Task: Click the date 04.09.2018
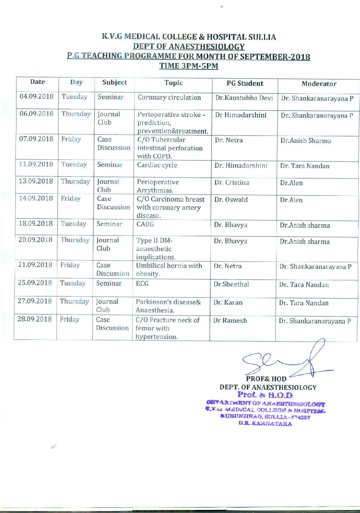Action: [x=37, y=96]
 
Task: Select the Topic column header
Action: [x=173, y=83]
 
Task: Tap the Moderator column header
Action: [x=319, y=84]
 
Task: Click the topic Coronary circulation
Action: [x=169, y=98]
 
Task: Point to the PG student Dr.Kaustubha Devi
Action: [x=244, y=98]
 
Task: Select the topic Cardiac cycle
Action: [x=157, y=165]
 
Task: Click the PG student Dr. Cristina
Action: [x=232, y=182]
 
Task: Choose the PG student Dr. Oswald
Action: [x=231, y=200]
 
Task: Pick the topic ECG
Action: [x=142, y=284]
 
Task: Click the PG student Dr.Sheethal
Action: [x=231, y=284]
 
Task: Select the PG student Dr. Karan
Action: [x=228, y=303]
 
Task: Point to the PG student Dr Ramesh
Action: [x=230, y=321]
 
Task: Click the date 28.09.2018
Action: [x=34, y=319]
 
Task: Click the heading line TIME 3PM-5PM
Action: [x=189, y=66]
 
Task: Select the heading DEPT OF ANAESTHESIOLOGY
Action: [x=189, y=47]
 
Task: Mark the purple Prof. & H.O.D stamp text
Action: [x=266, y=395]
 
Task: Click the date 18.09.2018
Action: [x=36, y=223]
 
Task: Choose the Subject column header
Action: [x=114, y=82]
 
